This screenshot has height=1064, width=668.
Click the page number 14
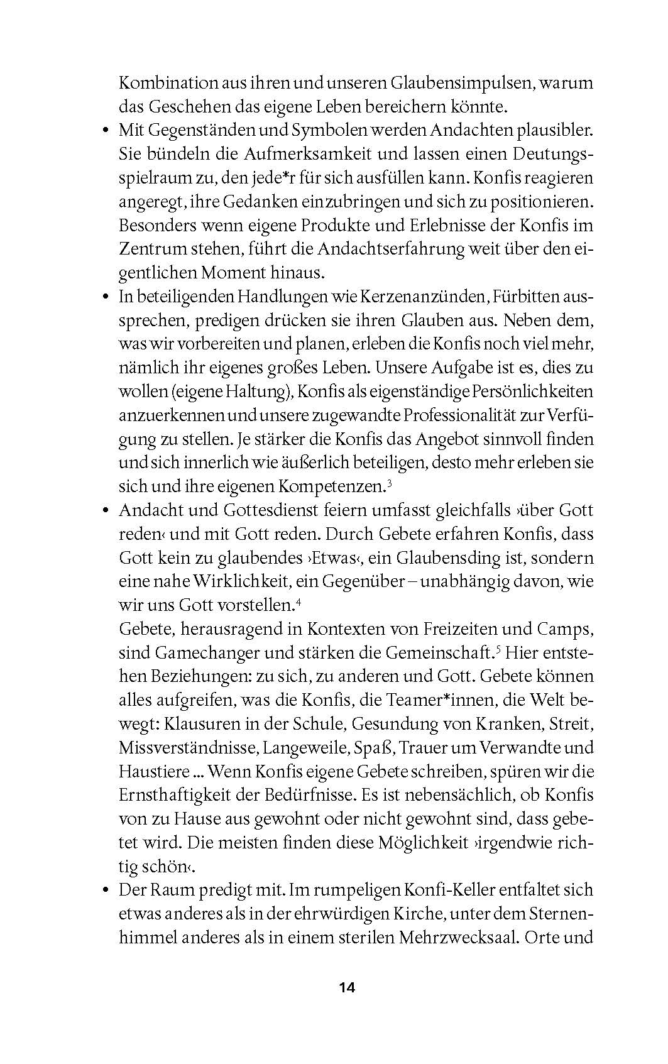347,987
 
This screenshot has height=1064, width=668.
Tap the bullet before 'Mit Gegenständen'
106,131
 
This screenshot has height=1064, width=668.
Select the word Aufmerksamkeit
288,155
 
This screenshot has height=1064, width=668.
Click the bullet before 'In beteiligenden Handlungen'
106,297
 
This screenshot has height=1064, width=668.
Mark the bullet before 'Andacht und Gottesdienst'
106,510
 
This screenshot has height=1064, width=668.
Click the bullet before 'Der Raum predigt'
106,890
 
